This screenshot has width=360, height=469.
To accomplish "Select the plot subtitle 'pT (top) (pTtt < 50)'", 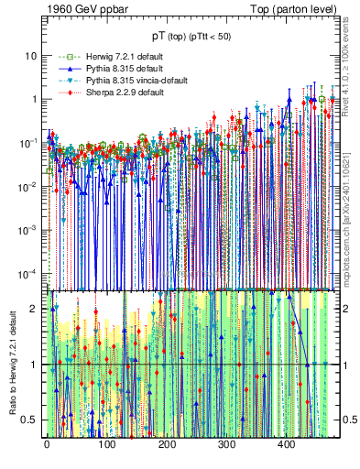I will pos(191,36).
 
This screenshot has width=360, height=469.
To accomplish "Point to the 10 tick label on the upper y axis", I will pos(31,55).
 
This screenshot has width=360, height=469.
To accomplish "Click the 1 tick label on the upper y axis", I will pos(34,99).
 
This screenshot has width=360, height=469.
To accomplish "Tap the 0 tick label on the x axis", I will pos(47,445).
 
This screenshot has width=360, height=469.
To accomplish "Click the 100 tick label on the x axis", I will pos(106,445).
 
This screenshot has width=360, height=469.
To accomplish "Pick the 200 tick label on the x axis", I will pos(167,445).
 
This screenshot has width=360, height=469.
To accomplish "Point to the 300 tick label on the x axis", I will pos(227,445).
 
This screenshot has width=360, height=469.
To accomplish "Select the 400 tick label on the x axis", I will pos(287,445).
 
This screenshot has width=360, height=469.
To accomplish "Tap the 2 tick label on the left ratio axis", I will pos(36,309).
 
